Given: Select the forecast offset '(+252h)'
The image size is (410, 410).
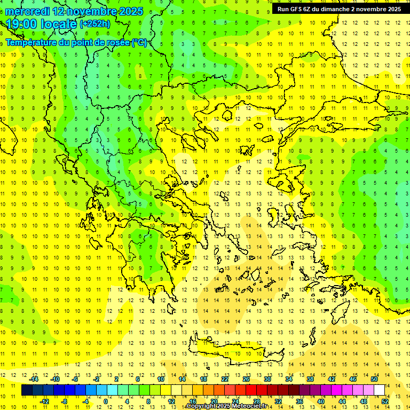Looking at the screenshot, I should [x=94, y=24].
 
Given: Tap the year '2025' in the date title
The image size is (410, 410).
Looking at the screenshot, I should [x=130, y=11].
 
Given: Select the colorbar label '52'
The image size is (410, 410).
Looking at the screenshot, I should [x=385, y=401].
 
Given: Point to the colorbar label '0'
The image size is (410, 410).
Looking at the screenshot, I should [x=106, y=401].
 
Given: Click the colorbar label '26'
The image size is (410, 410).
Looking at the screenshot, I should [x=246, y=379].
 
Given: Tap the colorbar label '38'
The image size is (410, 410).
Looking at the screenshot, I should [x=310, y=379].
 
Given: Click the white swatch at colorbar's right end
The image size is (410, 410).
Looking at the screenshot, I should [x=379, y=390].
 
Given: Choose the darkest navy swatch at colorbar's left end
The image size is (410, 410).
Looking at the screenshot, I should [x=27, y=390].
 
